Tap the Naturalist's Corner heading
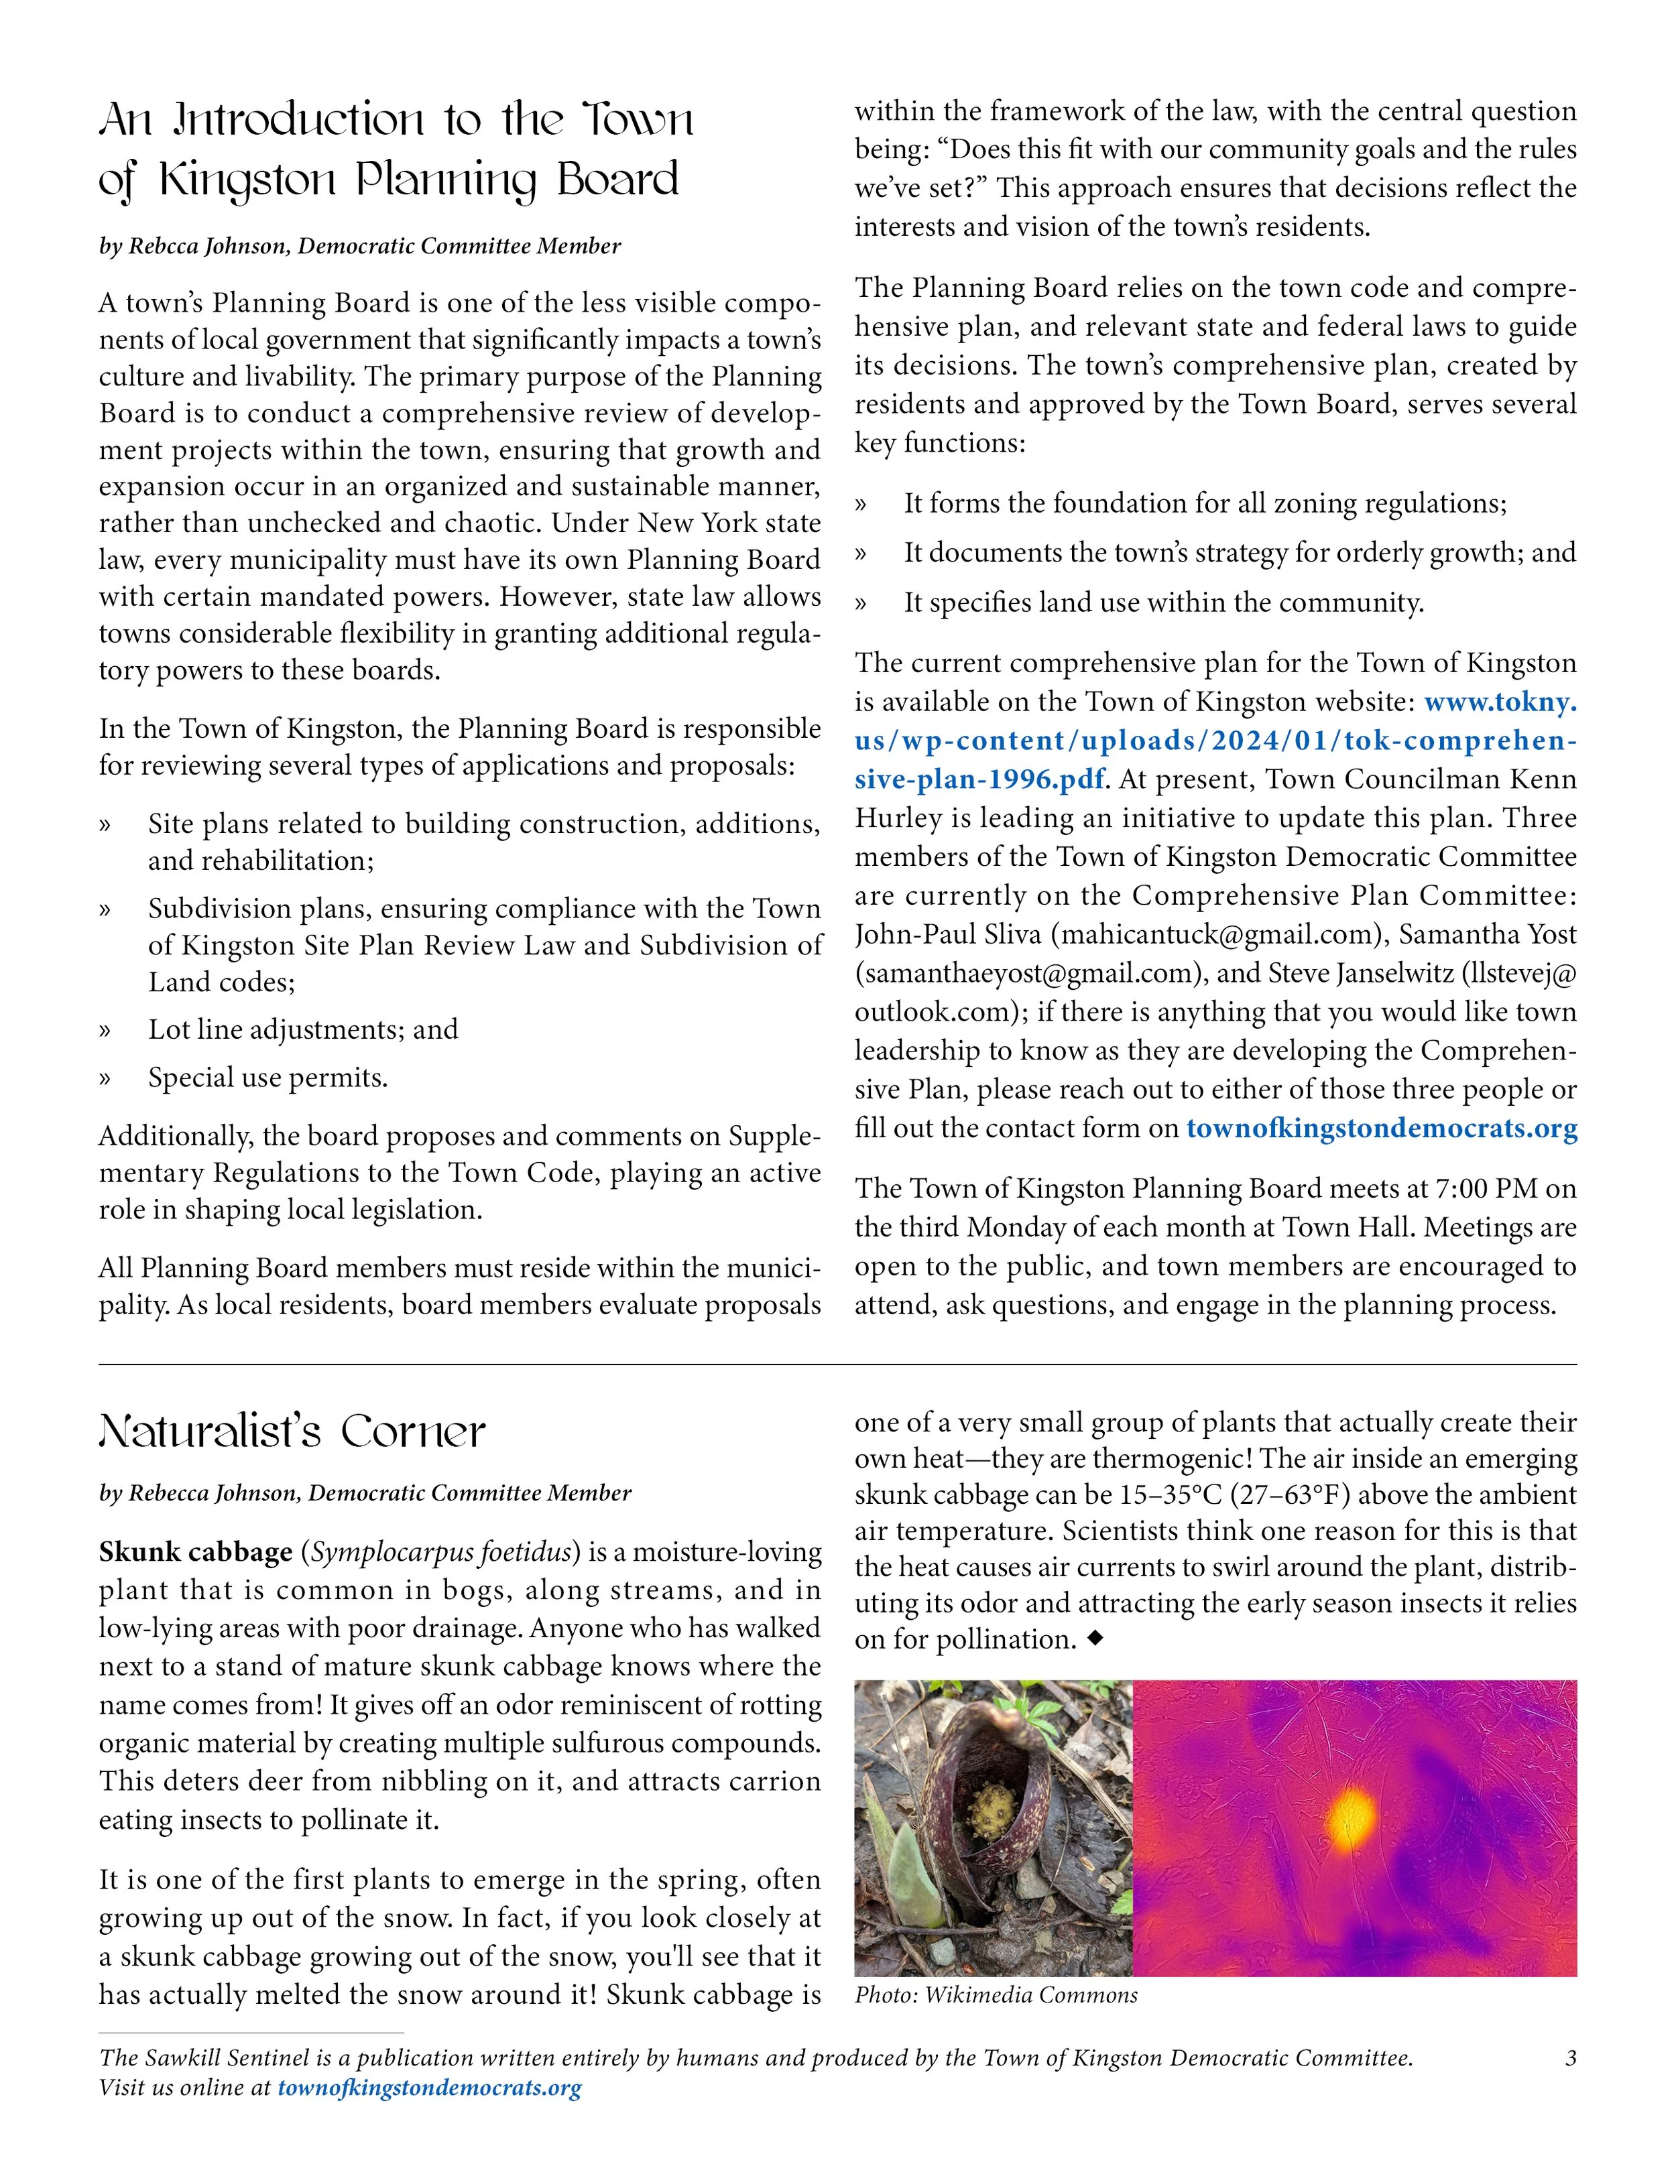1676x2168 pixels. [292, 1432]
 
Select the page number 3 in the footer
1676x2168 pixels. [1570, 2058]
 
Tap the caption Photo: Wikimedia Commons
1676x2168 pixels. [996, 1995]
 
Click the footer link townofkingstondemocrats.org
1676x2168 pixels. [429, 2088]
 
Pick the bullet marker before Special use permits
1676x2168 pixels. [105, 1079]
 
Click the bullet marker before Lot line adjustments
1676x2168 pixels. [105, 1031]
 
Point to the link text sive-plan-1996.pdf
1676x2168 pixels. [979, 780]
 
